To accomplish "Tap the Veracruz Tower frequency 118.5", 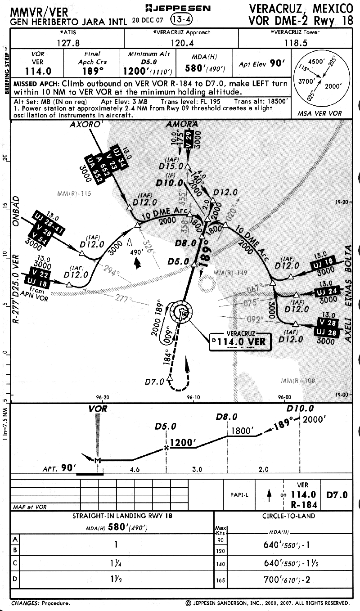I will coord(296,42).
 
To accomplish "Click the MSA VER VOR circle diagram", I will coord(320,81).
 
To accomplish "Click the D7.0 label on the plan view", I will coord(154,382).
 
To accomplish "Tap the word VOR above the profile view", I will coord(98,410).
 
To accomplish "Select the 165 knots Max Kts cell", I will coord(220,580).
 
